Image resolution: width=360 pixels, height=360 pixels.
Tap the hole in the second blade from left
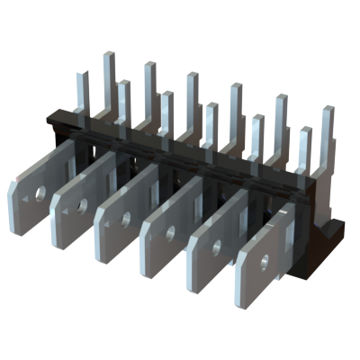point(82,206)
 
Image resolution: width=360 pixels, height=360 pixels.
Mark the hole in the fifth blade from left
point(217,246)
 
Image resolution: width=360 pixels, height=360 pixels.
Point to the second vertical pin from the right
point(305,148)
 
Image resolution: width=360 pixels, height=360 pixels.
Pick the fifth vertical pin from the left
point(167,112)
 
